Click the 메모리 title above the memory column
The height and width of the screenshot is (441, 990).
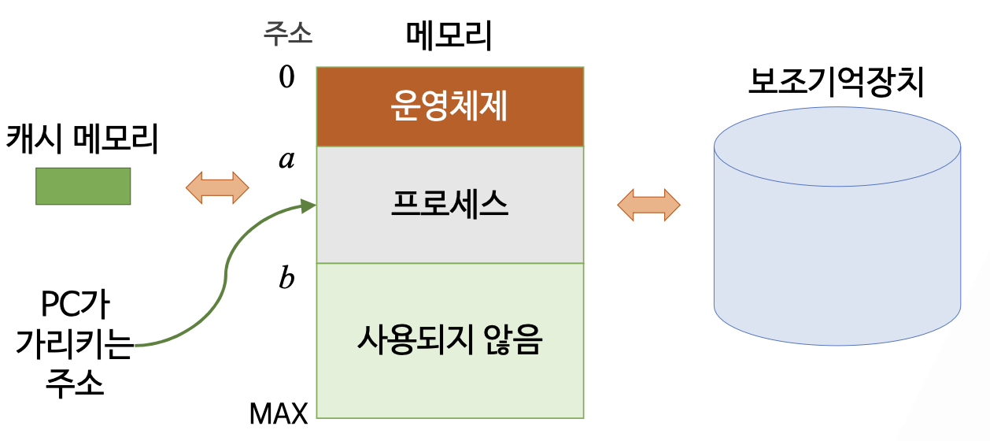[x=449, y=35]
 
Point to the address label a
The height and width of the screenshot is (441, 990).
[x=286, y=160]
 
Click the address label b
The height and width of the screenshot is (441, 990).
[x=286, y=278]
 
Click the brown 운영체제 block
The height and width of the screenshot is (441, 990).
[x=449, y=107]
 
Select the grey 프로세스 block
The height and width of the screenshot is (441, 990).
[x=449, y=205]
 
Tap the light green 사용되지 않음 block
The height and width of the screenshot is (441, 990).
[x=449, y=340]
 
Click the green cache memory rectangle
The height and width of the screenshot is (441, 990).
[x=83, y=186]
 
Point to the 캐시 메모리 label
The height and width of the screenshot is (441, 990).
[x=83, y=140]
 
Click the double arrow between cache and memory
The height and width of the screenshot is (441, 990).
[x=216, y=187]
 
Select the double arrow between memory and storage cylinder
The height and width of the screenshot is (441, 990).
[x=648, y=205]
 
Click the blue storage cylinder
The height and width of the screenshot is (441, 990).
[x=837, y=260]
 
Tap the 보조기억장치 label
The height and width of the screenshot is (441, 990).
[x=836, y=82]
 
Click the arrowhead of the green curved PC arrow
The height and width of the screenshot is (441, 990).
[x=309, y=206]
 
